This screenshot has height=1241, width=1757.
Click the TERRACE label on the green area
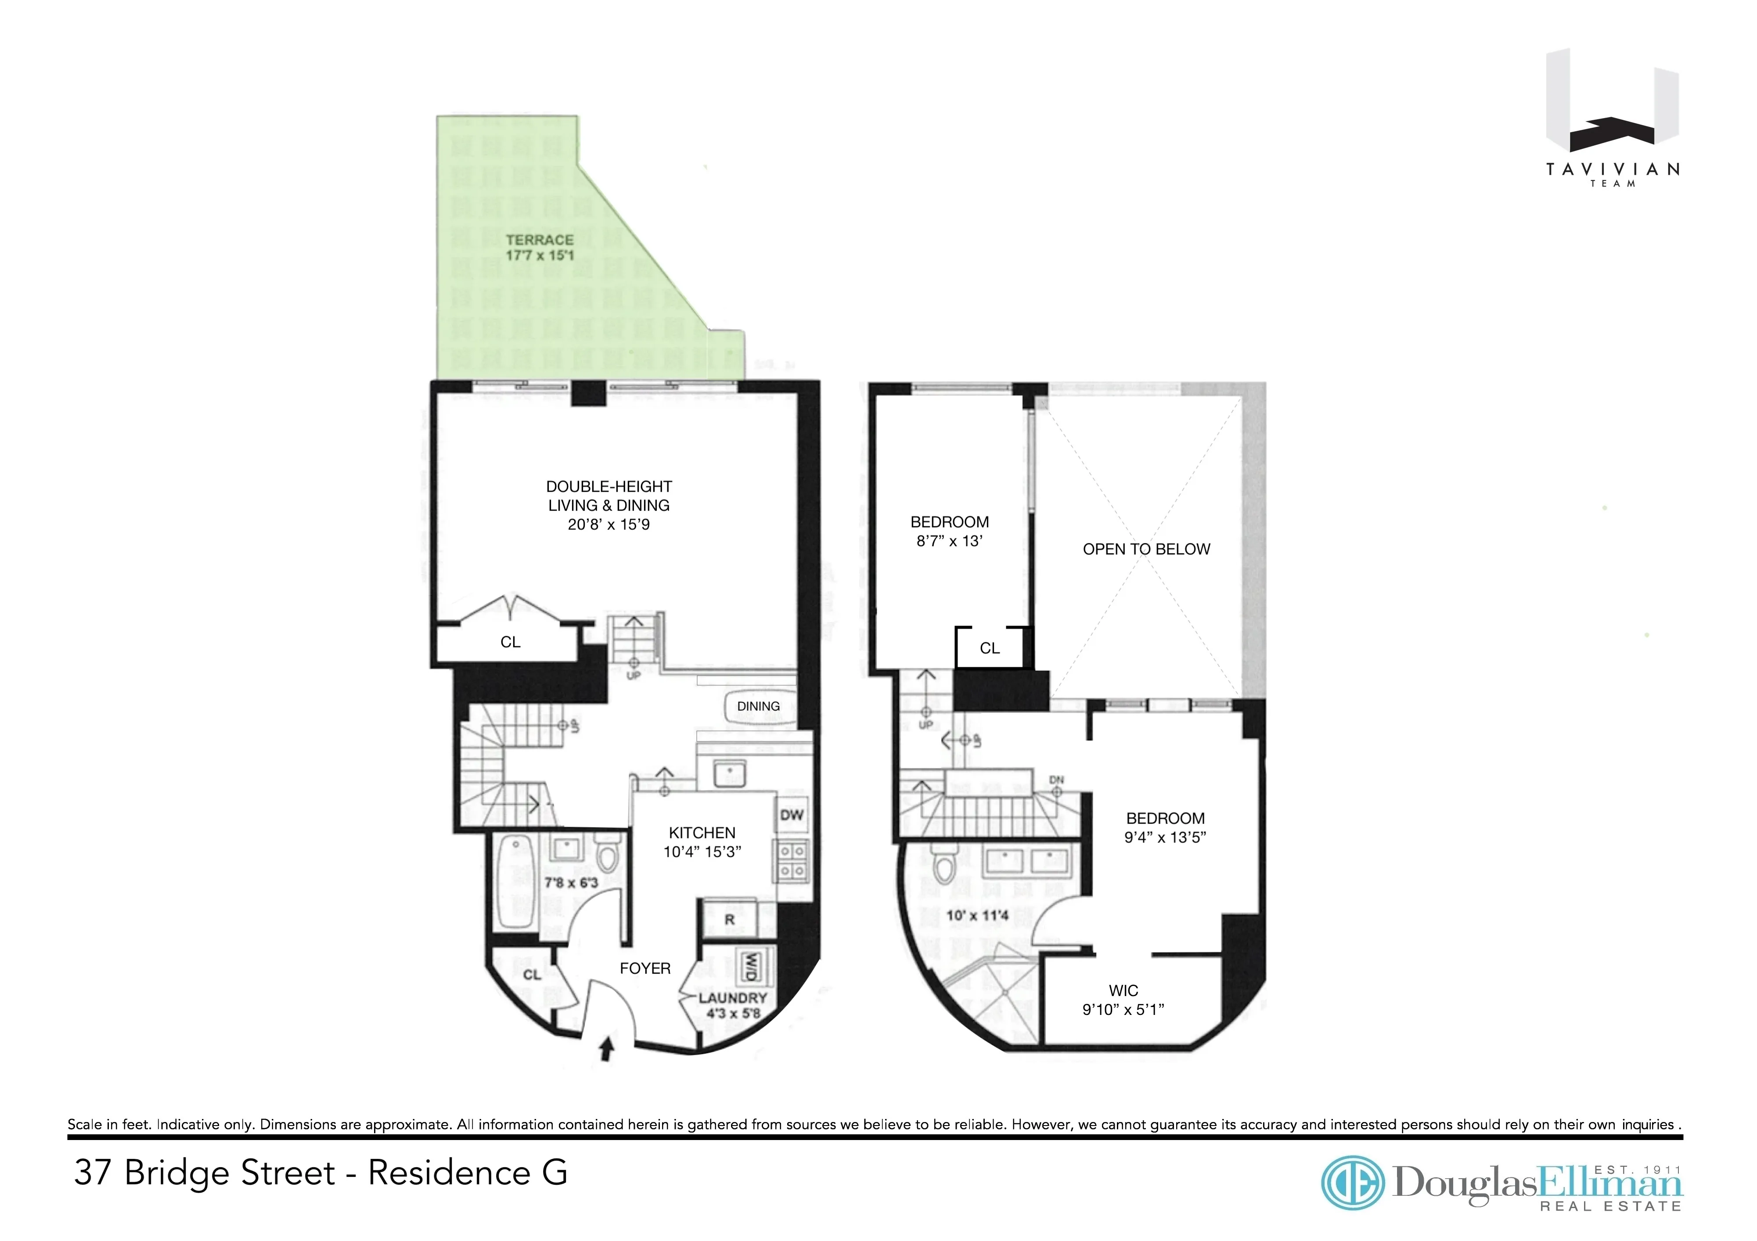click(x=540, y=240)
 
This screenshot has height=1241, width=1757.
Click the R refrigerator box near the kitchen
click(x=729, y=920)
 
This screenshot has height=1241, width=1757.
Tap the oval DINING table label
click(x=758, y=706)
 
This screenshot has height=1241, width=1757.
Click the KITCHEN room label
click(x=702, y=832)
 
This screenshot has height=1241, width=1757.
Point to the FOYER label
click(x=645, y=969)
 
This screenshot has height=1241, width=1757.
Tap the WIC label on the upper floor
click(x=1123, y=991)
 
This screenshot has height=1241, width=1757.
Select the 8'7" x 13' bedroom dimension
click(x=949, y=541)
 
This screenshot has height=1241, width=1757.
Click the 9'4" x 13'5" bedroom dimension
click(x=1165, y=838)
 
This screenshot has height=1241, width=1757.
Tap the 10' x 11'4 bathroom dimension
click(x=977, y=915)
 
